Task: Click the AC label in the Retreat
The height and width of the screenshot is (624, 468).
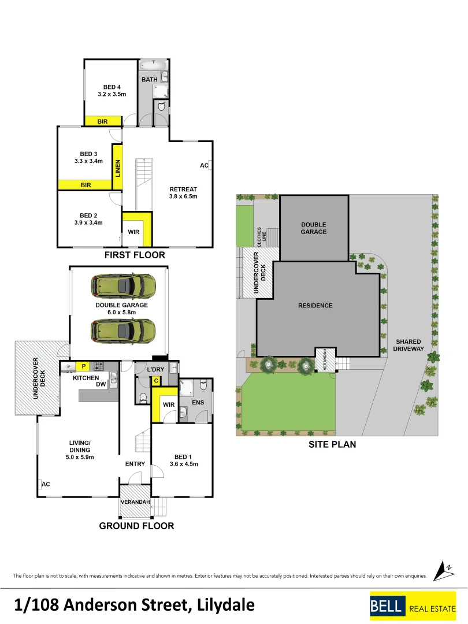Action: click(204, 165)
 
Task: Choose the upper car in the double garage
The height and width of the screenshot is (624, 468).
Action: click(122, 285)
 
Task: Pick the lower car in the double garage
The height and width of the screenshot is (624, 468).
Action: click(122, 330)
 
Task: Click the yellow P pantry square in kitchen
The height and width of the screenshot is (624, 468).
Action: click(84, 366)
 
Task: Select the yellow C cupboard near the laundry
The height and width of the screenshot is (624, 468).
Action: click(155, 380)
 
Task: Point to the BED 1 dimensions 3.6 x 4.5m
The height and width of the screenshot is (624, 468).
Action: click(184, 464)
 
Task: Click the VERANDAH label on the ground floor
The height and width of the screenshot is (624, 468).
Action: click(135, 502)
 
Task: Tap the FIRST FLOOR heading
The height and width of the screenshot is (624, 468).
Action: click(135, 255)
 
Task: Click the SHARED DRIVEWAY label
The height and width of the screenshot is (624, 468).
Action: click(408, 345)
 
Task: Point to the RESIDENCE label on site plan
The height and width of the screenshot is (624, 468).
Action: click(315, 305)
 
